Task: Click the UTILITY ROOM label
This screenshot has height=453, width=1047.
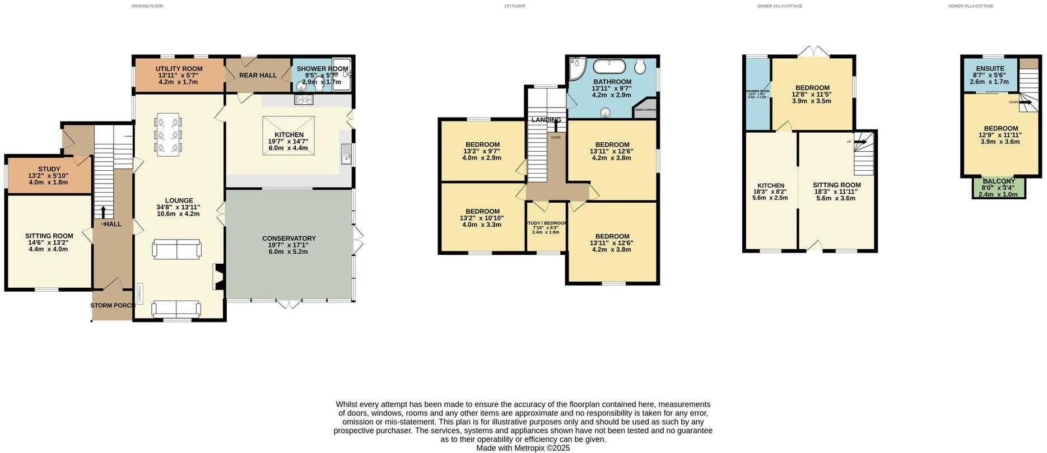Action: point(179,69)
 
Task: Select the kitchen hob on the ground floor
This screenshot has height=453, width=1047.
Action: point(304,100)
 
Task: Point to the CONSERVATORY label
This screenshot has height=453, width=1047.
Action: point(288,239)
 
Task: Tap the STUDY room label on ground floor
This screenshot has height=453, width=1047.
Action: point(49,169)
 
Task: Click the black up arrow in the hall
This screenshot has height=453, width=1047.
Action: point(103,212)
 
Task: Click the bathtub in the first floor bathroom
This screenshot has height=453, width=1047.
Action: point(609,67)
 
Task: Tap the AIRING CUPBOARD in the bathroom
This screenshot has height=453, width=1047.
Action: point(644,109)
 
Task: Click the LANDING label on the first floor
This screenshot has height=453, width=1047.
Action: point(546,120)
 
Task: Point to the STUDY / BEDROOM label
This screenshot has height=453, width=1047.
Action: point(546,223)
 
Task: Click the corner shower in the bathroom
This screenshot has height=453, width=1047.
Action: point(575,68)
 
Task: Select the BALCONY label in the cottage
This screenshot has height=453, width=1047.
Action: point(998,181)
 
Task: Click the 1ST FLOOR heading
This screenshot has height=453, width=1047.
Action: point(514,6)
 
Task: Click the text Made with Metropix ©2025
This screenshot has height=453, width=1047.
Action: point(523,448)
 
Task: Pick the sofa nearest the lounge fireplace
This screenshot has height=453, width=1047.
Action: point(176,249)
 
